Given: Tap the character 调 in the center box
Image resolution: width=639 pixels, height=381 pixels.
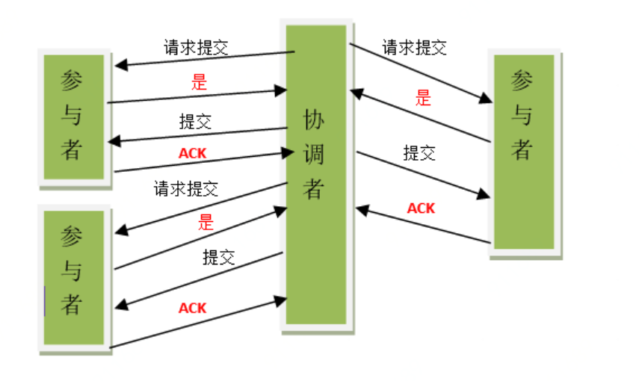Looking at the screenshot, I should [x=315, y=155].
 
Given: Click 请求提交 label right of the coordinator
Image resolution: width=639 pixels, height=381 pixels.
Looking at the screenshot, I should [x=414, y=49].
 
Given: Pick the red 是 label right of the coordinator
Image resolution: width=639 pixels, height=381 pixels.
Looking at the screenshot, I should [x=424, y=97].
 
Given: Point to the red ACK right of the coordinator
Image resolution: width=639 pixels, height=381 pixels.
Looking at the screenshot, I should [x=421, y=208].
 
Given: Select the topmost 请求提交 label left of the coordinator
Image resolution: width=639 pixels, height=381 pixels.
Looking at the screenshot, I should [x=196, y=48].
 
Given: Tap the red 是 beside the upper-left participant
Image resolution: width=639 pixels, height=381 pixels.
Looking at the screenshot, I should [x=199, y=82].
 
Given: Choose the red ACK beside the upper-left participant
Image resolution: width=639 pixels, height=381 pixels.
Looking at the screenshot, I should [x=193, y=153].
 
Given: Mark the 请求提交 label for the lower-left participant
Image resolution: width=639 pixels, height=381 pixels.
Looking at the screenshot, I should [x=186, y=188].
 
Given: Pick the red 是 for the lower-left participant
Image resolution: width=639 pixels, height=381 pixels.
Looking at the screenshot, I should [x=206, y=221].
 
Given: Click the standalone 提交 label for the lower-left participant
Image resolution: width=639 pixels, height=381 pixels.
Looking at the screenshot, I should [x=219, y=258].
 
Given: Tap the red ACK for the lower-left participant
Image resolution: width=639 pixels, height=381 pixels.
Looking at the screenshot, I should [x=193, y=308].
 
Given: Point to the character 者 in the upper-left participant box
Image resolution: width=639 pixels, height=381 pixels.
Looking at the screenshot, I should [x=72, y=150].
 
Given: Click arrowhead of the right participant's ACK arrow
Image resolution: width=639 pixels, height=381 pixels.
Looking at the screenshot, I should [x=360, y=211].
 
